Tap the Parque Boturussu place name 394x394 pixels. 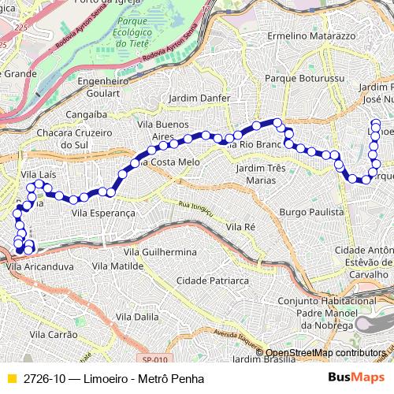tap(306, 79)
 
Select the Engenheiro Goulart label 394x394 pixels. tap(104, 87)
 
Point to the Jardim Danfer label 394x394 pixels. tap(199, 98)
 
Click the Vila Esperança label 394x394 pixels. tap(103, 213)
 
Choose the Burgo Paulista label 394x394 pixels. tap(312, 213)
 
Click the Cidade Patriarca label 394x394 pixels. tap(213, 280)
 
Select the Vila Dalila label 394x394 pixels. tap(137, 315)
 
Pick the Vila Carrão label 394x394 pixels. tap(52, 335)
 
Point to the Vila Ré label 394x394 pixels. tap(240, 226)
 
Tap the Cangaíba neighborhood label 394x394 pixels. tap(86, 114)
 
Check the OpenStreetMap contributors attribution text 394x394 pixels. tap(325, 352)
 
